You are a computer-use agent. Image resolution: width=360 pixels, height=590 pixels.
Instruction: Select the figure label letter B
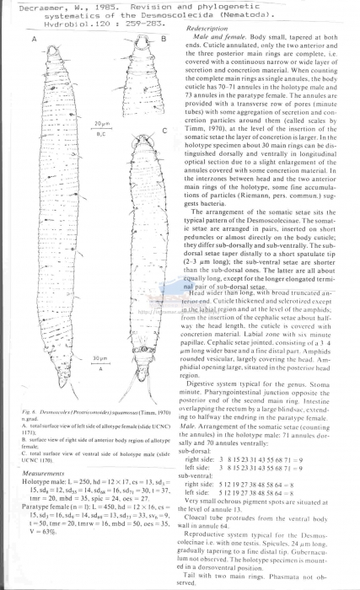[x=164, y=40]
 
